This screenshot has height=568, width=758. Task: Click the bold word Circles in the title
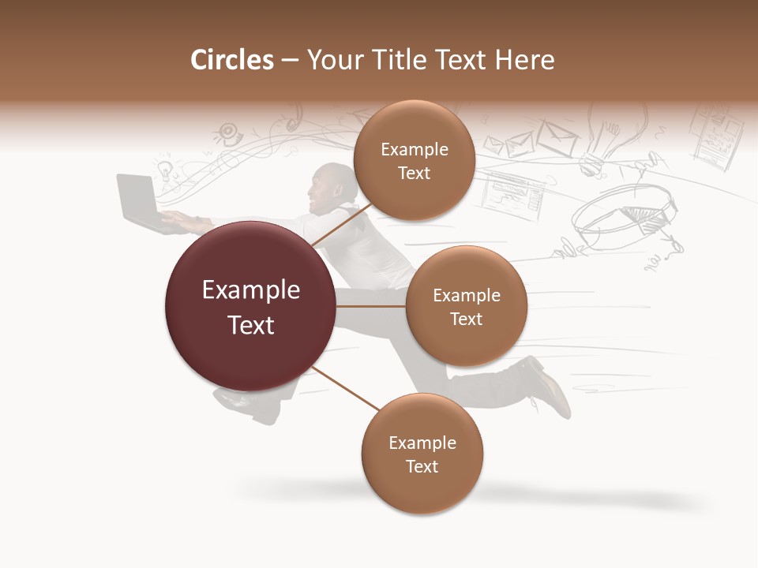(232, 60)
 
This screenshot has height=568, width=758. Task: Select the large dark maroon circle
(250, 306)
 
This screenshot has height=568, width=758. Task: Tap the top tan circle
(414, 161)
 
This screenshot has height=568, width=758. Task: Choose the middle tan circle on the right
(466, 306)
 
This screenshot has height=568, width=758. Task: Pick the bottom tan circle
(422, 454)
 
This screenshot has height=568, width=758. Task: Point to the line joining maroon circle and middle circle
(371, 306)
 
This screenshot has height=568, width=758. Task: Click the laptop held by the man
(139, 202)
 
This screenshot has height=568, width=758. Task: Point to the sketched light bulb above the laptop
(164, 170)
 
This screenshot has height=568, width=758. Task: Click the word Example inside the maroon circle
(251, 290)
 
